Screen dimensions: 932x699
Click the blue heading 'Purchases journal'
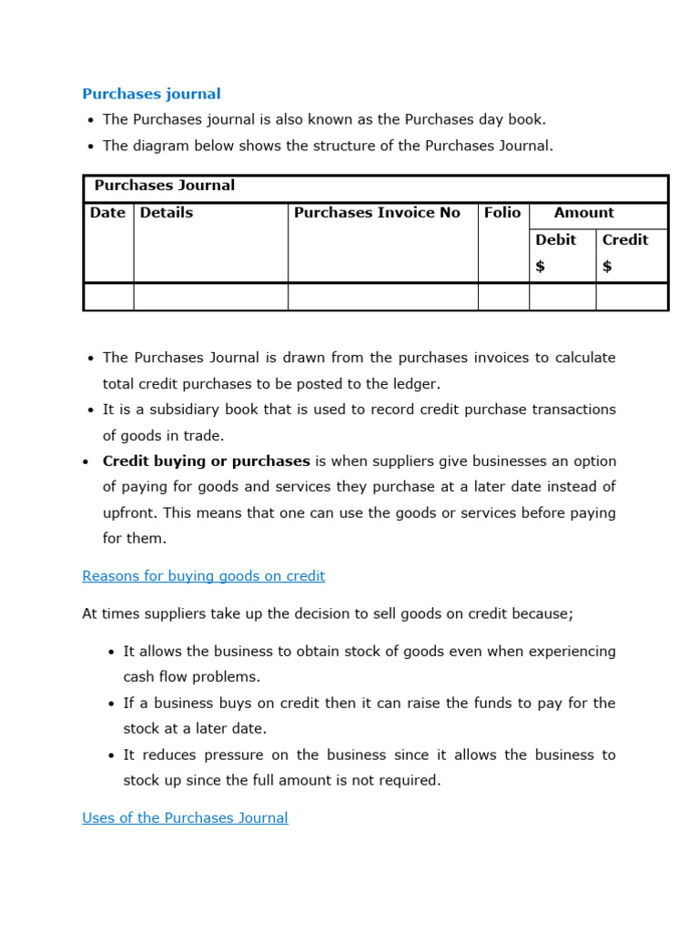[x=151, y=94]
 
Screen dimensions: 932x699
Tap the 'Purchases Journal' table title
[x=165, y=186]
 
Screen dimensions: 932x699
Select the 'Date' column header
[x=107, y=213]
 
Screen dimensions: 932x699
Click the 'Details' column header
[x=167, y=213]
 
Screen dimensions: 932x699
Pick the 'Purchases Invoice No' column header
[x=377, y=213]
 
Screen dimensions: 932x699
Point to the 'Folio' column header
[x=502, y=213]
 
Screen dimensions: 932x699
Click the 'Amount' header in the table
[x=583, y=213]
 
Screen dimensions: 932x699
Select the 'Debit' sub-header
[x=555, y=240]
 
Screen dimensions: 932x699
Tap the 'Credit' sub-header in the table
[x=625, y=240]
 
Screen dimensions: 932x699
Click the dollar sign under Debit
[x=541, y=267]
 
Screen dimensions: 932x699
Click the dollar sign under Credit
[x=607, y=267]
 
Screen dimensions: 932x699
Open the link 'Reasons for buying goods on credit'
[x=203, y=576]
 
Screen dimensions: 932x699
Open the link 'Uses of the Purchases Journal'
[x=185, y=818]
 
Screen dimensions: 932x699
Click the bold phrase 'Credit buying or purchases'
[x=207, y=461]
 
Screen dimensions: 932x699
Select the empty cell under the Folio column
[x=503, y=297]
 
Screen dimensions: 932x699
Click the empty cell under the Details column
[x=210, y=297]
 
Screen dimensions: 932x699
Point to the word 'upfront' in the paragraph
[x=130, y=512]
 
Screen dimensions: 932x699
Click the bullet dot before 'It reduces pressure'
[x=110, y=755]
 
